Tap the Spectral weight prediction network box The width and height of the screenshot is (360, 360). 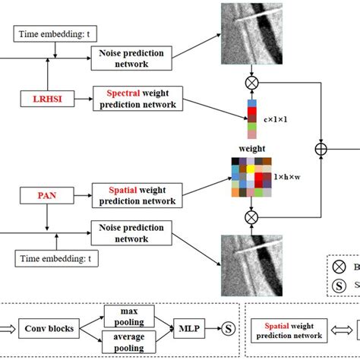pyautogui.click(x=136, y=99)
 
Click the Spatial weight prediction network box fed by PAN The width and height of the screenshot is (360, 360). pyautogui.click(x=136, y=195)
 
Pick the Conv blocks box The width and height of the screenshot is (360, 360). pyautogui.click(x=53, y=329)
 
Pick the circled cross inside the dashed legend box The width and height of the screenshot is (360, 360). pyautogui.click(x=340, y=266)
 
